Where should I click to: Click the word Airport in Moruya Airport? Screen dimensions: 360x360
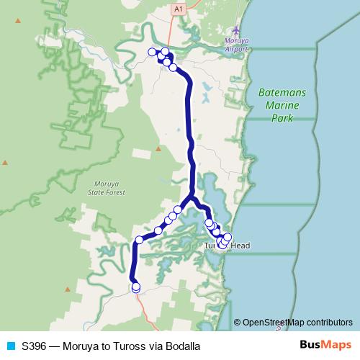point(238,50)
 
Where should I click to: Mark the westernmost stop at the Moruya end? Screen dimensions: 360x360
point(152,52)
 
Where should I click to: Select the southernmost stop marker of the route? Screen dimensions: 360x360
point(135,288)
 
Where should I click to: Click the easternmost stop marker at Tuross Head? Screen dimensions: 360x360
point(228,237)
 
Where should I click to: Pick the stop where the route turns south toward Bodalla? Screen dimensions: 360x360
point(140,240)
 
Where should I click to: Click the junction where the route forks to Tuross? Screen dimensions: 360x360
point(191,199)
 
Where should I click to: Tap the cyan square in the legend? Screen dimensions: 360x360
point(10,345)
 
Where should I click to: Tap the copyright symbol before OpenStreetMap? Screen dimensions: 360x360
point(238,322)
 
